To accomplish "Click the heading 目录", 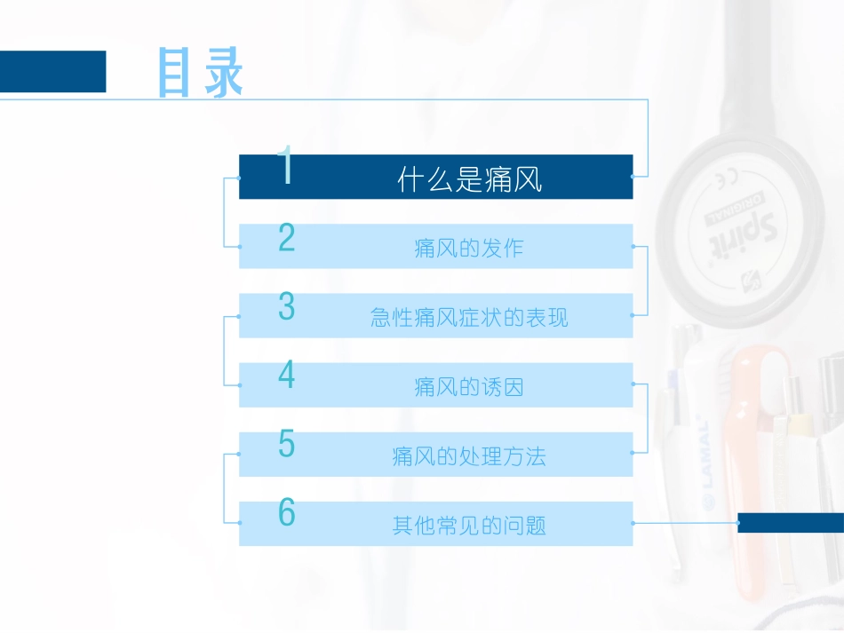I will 201,73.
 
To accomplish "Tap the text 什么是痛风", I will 470,181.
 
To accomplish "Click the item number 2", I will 286,238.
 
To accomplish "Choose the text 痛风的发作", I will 469,249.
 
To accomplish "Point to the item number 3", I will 286,306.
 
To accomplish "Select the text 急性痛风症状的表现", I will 469,318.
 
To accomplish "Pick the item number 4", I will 286,375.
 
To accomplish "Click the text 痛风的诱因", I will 469,387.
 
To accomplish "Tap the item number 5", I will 286,443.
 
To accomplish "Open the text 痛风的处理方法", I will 469,456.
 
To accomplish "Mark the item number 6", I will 286,512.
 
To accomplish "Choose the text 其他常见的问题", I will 469,526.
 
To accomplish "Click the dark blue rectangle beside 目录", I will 52,71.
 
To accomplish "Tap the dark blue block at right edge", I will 791,523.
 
